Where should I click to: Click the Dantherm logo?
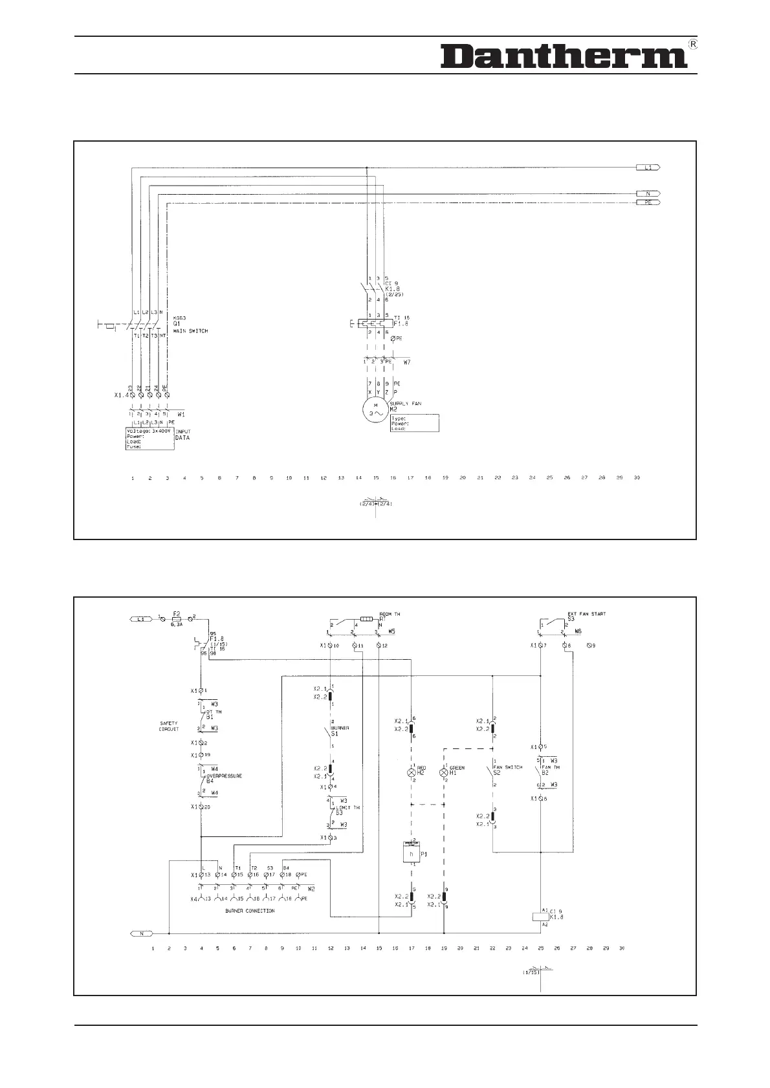point(563,57)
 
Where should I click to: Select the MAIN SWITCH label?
point(190,331)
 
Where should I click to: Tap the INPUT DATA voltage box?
point(149,438)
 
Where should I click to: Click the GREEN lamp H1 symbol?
point(444,772)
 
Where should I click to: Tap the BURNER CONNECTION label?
point(250,911)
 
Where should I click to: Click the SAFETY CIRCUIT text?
point(169,726)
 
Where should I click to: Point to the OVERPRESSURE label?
point(224,776)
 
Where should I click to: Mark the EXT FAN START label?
point(586,614)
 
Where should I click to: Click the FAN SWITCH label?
point(508,767)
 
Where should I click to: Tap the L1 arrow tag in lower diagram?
point(140,619)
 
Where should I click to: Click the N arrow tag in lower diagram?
point(140,933)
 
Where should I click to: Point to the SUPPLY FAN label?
point(406,404)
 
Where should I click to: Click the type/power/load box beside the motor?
point(415,423)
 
